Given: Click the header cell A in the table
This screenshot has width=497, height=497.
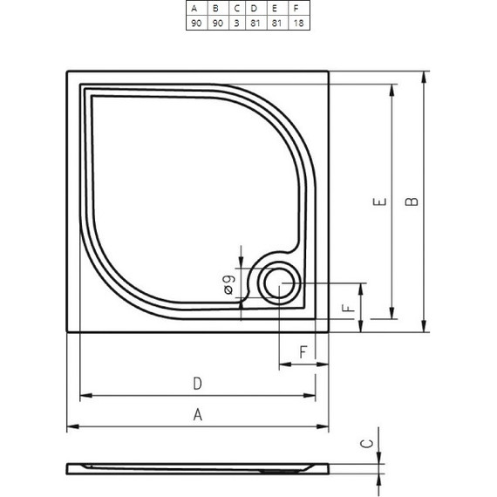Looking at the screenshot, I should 194,9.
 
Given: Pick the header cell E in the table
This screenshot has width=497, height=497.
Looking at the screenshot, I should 276,9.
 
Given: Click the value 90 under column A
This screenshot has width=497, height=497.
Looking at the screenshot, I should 194,24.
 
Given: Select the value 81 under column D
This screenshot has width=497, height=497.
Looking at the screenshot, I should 254,24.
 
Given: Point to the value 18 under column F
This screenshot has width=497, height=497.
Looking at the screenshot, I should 297,24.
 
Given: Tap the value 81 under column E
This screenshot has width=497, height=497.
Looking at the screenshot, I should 276,24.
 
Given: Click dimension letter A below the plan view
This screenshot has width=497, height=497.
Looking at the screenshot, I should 198,415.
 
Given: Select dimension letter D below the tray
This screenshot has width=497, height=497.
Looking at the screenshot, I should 198,384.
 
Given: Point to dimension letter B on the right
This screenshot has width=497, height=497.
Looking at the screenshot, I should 413,201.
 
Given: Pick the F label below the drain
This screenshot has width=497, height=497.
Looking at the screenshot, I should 303,352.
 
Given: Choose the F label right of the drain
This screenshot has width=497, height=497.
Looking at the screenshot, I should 347,310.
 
